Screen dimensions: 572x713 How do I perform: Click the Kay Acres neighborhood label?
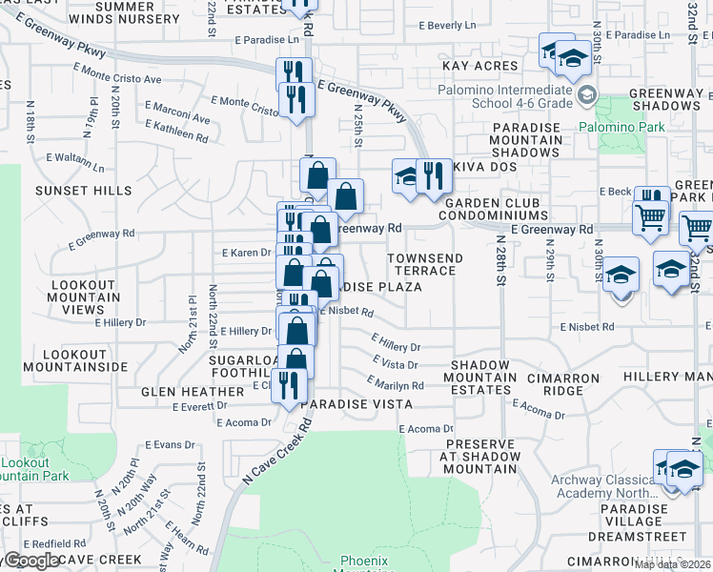point(480,67)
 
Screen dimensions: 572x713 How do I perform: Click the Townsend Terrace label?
point(424,265)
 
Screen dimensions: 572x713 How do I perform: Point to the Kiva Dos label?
point(480,168)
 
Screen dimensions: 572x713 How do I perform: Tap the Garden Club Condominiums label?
point(490,209)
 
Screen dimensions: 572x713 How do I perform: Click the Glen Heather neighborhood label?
point(193,392)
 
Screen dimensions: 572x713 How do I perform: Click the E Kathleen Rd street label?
point(176,132)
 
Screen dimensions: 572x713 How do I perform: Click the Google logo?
point(31,561)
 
